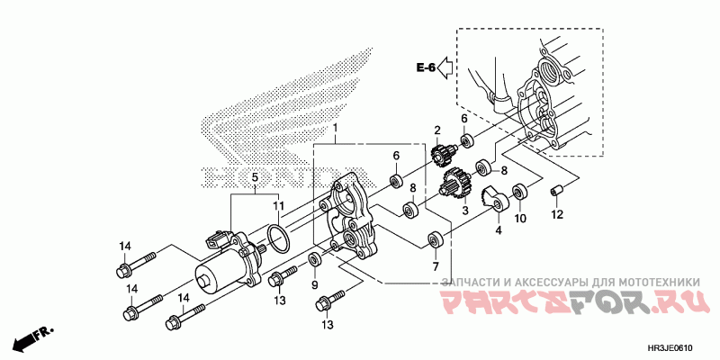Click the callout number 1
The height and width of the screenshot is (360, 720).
(336, 129)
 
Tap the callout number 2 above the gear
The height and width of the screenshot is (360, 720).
(437, 131)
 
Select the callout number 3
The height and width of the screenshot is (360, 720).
(465, 211)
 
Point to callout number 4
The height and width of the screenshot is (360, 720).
(496, 229)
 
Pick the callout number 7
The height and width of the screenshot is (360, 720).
(435, 266)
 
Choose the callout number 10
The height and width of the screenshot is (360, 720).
(520, 218)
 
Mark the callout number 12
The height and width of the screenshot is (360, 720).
(557, 214)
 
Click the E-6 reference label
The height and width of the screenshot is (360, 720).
(426, 67)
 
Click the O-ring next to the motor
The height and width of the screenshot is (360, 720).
(279, 239)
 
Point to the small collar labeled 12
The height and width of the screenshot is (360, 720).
(556, 191)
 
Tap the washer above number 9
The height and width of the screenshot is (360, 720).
(315, 261)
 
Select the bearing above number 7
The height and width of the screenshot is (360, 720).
(435, 240)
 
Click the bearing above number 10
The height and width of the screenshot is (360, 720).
(520, 192)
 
